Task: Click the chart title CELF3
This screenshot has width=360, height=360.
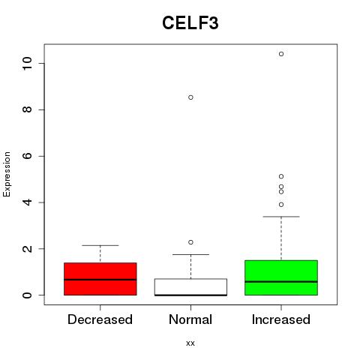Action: (190, 23)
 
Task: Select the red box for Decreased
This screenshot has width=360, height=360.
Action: (100, 279)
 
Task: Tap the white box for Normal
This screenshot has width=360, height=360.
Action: (190, 287)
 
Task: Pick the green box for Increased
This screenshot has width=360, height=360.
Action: (281, 277)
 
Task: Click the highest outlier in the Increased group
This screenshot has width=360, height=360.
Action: (281, 54)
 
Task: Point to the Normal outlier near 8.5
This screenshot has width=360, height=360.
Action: (190, 97)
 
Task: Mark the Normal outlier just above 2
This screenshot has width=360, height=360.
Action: (190, 242)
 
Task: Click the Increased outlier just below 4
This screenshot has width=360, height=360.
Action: (281, 205)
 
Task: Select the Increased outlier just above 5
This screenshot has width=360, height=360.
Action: (281, 176)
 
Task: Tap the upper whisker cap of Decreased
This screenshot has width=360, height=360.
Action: (100, 245)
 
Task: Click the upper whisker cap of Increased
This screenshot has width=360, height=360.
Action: (281, 217)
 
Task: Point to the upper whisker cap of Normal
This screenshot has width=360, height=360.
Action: (190, 254)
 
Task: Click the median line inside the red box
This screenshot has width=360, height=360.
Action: (100, 280)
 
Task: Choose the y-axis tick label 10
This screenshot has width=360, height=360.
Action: (27, 64)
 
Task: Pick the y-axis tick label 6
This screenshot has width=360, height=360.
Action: (27, 156)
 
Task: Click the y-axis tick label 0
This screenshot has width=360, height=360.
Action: (27, 295)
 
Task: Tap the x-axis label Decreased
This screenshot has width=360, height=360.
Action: (100, 319)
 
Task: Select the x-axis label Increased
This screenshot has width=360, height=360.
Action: (281, 319)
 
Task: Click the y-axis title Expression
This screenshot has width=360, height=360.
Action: (7, 174)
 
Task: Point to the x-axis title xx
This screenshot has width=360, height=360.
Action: (190, 343)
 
